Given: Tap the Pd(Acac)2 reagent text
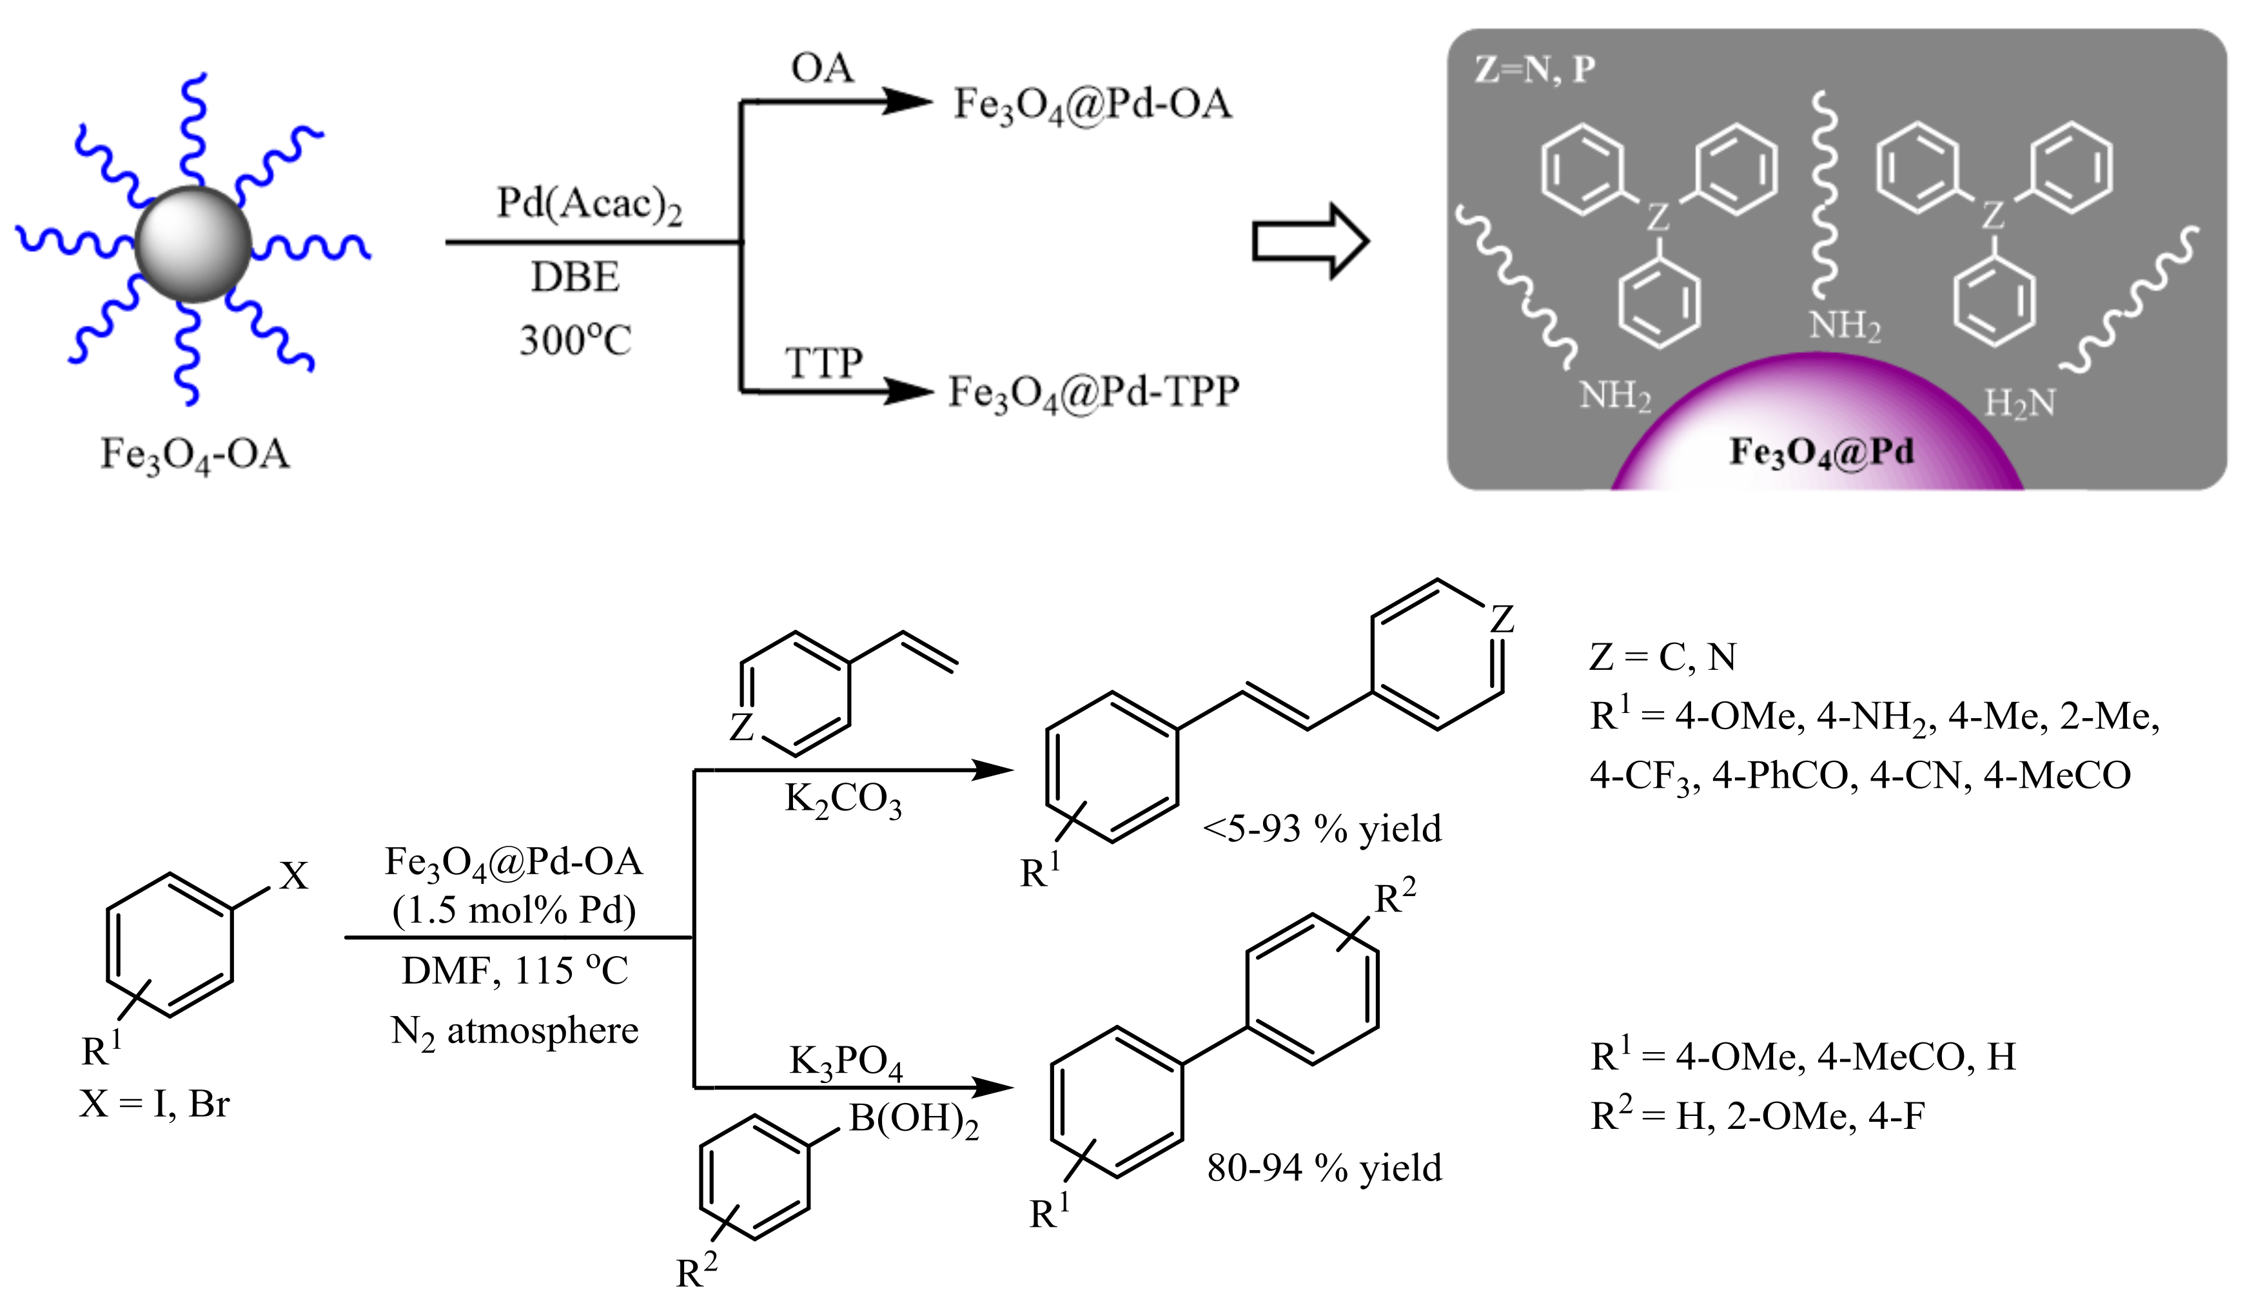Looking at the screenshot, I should [589, 205].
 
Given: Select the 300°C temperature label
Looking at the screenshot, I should [575, 340].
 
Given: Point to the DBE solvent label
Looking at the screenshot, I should [575, 277].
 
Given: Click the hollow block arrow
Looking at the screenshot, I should [1309, 241].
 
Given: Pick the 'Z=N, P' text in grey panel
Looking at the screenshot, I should [1534, 70].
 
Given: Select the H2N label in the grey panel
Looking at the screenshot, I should [2019, 404].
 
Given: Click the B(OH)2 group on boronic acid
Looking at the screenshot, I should [913, 1120].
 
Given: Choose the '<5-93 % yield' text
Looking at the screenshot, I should [1322, 829].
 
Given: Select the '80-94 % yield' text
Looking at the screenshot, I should [1324, 1168].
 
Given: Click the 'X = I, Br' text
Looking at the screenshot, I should [155, 1104].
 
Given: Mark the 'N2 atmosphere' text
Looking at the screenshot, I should [514, 1031].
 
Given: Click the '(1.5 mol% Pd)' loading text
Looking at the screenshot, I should [514, 910].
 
